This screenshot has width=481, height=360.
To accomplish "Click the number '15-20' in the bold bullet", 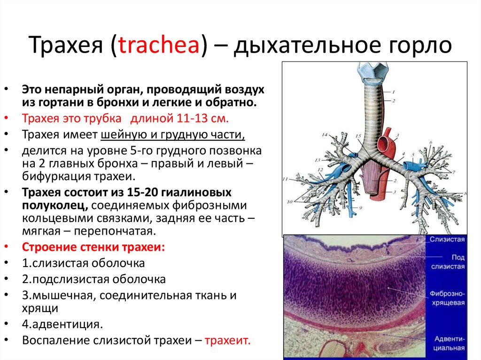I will click(144, 192).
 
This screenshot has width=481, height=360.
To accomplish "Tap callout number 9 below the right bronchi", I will click(361, 207).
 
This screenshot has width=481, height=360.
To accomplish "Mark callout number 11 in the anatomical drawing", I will click(285, 179).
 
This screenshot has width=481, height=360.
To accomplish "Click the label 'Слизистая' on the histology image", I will click(446, 239).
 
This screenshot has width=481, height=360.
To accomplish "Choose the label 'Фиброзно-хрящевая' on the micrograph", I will click(446, 298).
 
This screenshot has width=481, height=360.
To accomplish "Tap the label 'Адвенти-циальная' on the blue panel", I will click(449, 343).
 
